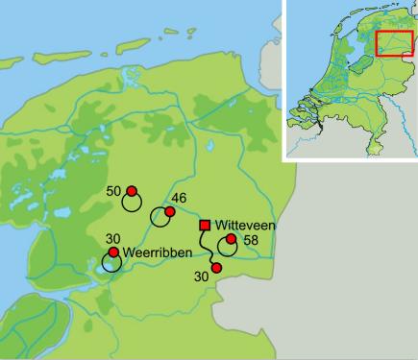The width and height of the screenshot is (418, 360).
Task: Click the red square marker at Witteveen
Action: [205, 226]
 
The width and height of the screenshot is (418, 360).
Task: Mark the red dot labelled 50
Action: [132, 191]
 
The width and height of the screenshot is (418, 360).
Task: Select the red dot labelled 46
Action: [170, 211]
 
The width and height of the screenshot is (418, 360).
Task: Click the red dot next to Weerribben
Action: [113, 252]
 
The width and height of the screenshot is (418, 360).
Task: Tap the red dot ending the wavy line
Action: [216, 268]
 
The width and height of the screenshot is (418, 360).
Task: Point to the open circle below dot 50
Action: [132, 204]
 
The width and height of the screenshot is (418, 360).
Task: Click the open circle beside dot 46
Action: [160, 218]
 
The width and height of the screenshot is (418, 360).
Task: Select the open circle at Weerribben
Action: [111, 261]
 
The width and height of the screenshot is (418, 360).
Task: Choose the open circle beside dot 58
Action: [228, 247]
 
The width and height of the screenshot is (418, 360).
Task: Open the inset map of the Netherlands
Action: [350, 79]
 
